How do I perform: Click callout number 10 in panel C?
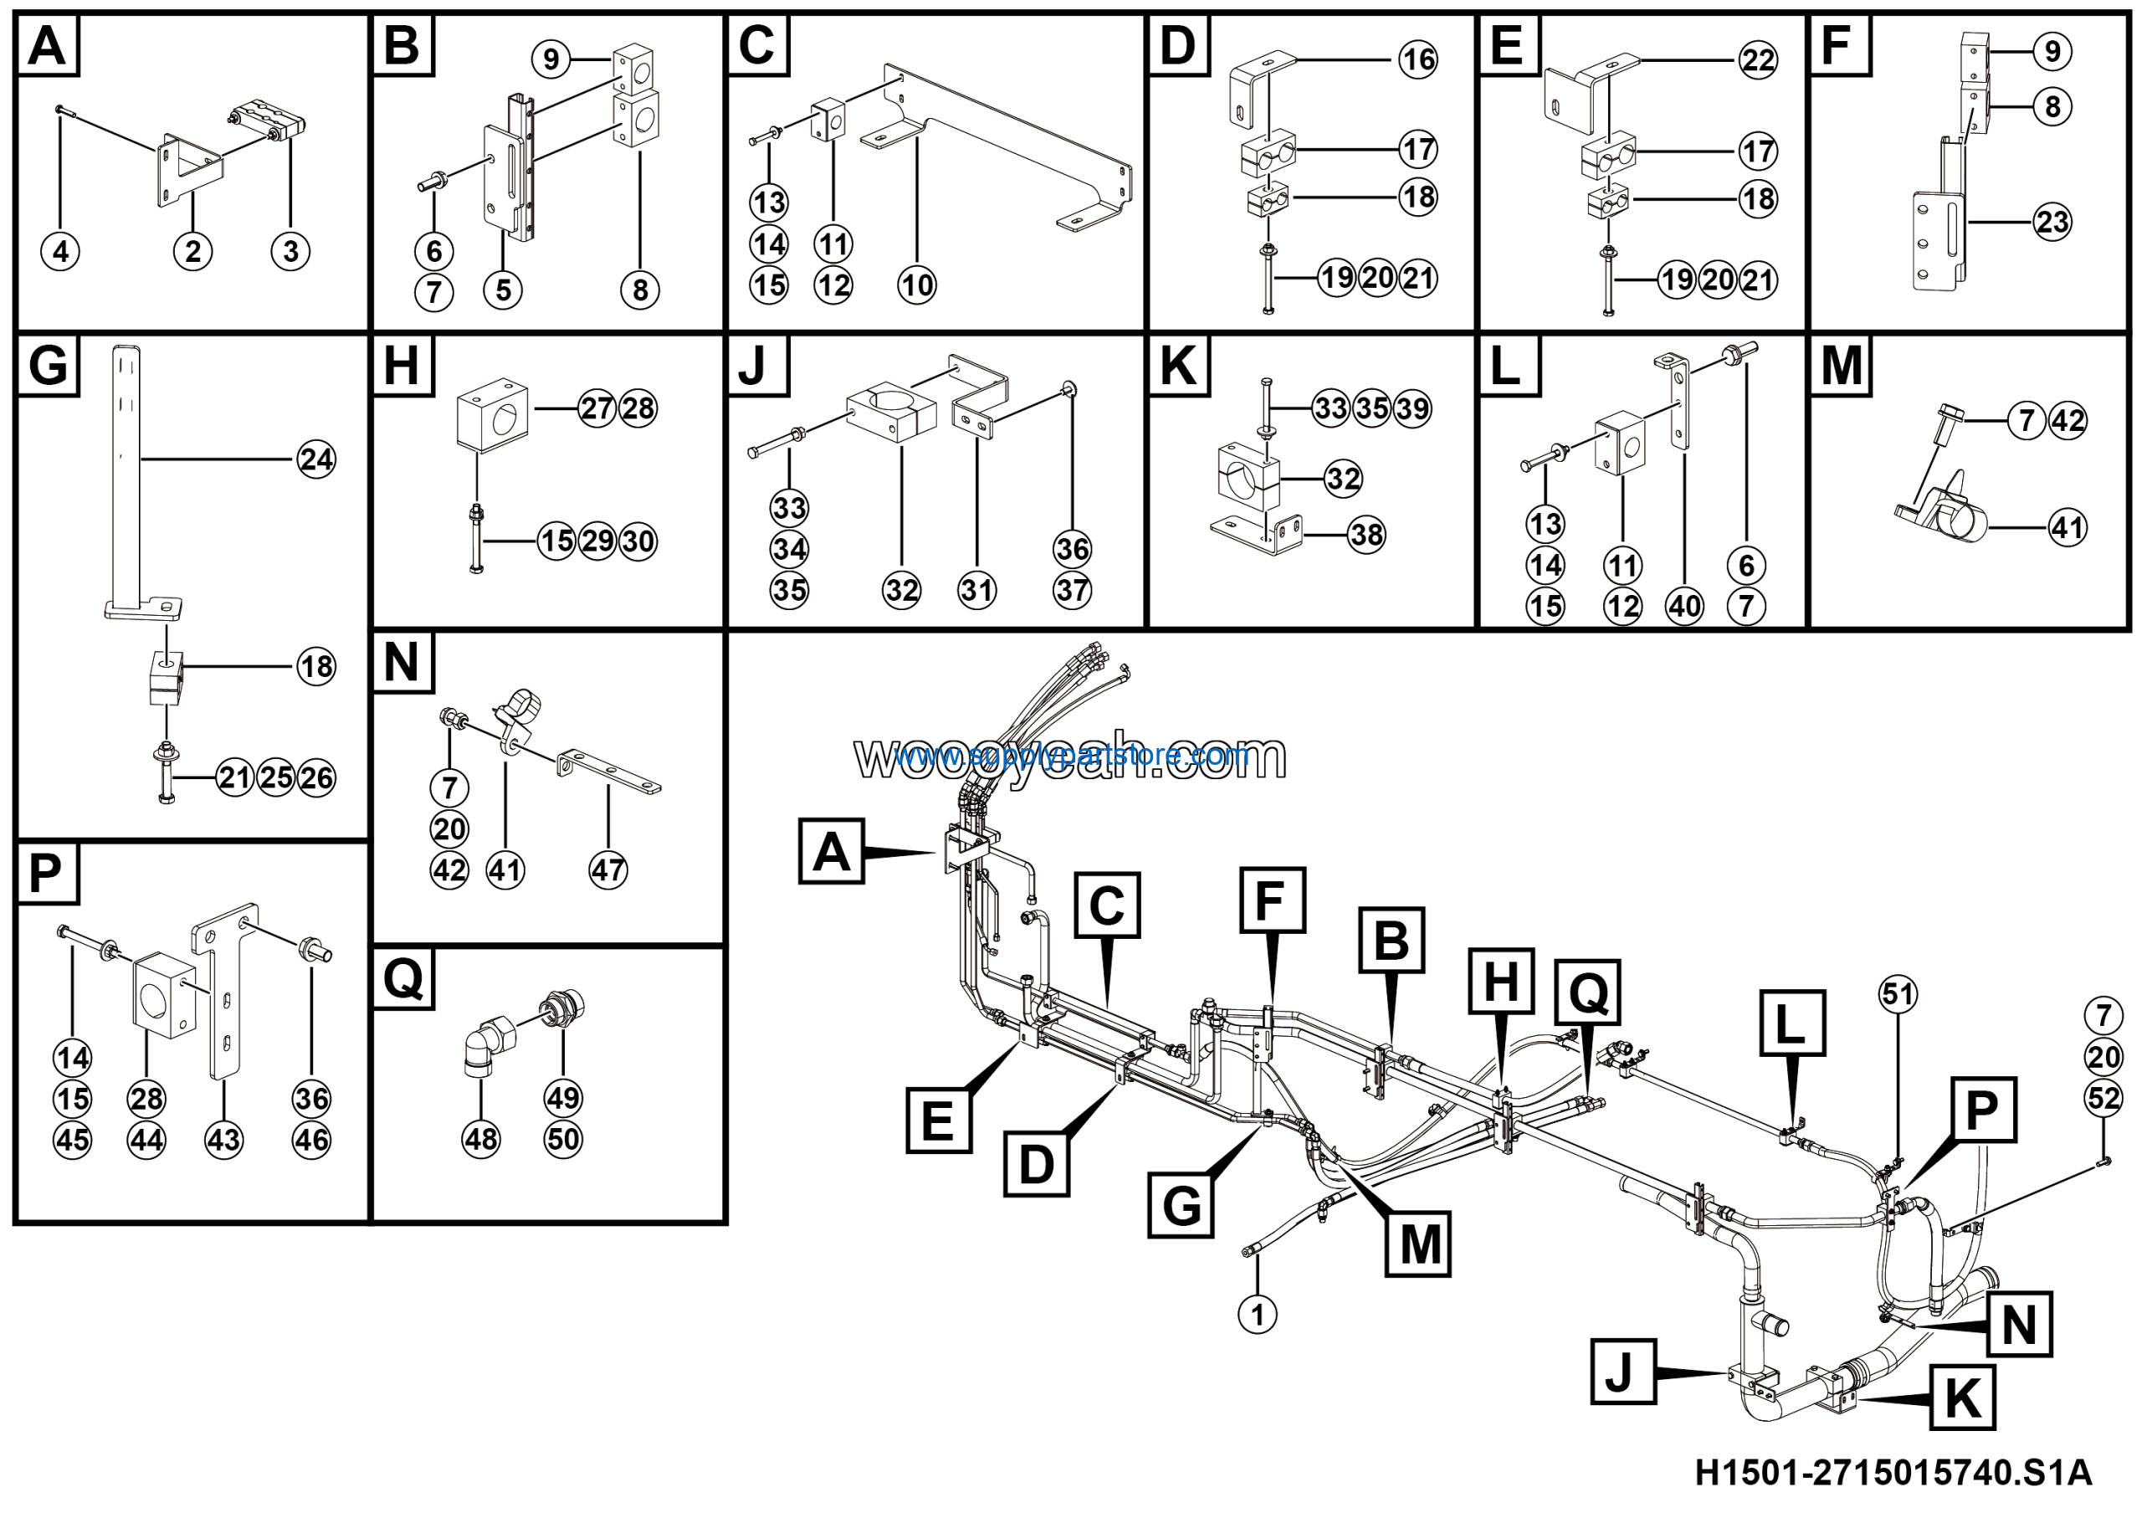pos(916,285)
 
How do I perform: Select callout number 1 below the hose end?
pos(1257,1315)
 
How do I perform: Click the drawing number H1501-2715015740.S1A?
pos(1893,1473)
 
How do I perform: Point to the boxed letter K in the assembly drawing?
pos(1962,1398)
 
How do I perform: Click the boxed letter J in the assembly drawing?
pos(1622,1372)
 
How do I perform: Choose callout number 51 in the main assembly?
pos(1898,994)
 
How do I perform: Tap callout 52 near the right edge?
pos(2103,1098)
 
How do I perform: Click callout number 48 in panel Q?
pos(480,1139)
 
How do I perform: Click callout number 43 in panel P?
pos(224,1139)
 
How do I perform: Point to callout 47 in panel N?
pos(608,870)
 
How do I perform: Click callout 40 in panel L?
pos(1684,607)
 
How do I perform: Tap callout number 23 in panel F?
pos(2052,222)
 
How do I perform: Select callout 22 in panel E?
pos(1758,60)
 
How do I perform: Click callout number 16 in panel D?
pos(1418,59)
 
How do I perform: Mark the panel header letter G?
pos(49,365)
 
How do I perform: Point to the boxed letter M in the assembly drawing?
pos(1418,1244)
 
